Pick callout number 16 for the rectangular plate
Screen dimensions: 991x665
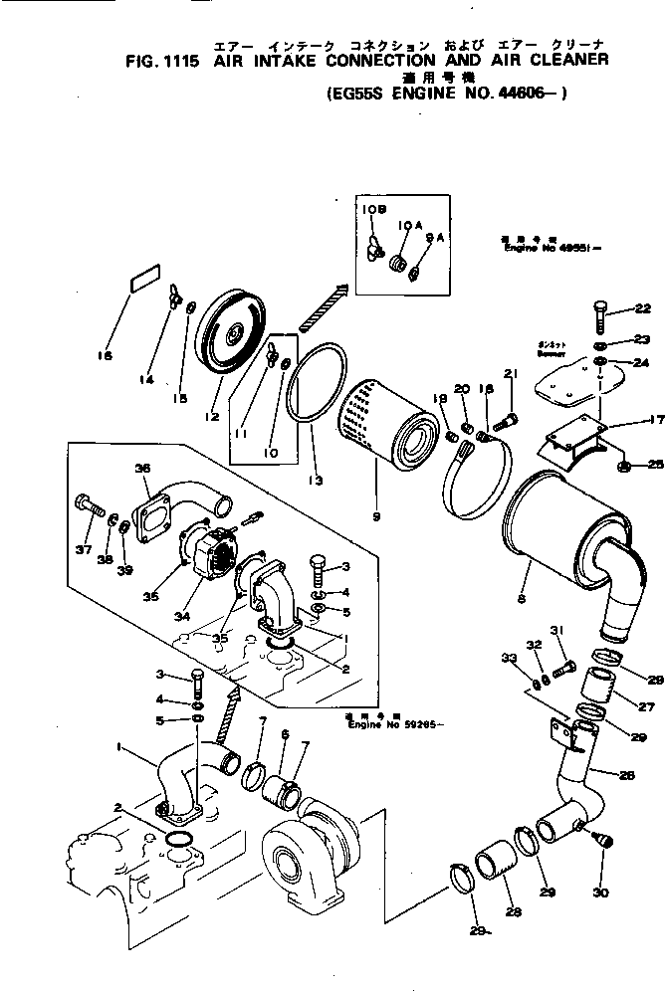point(107,355)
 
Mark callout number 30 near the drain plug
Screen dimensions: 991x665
point(600,893)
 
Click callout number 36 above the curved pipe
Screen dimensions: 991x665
point(141,468)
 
